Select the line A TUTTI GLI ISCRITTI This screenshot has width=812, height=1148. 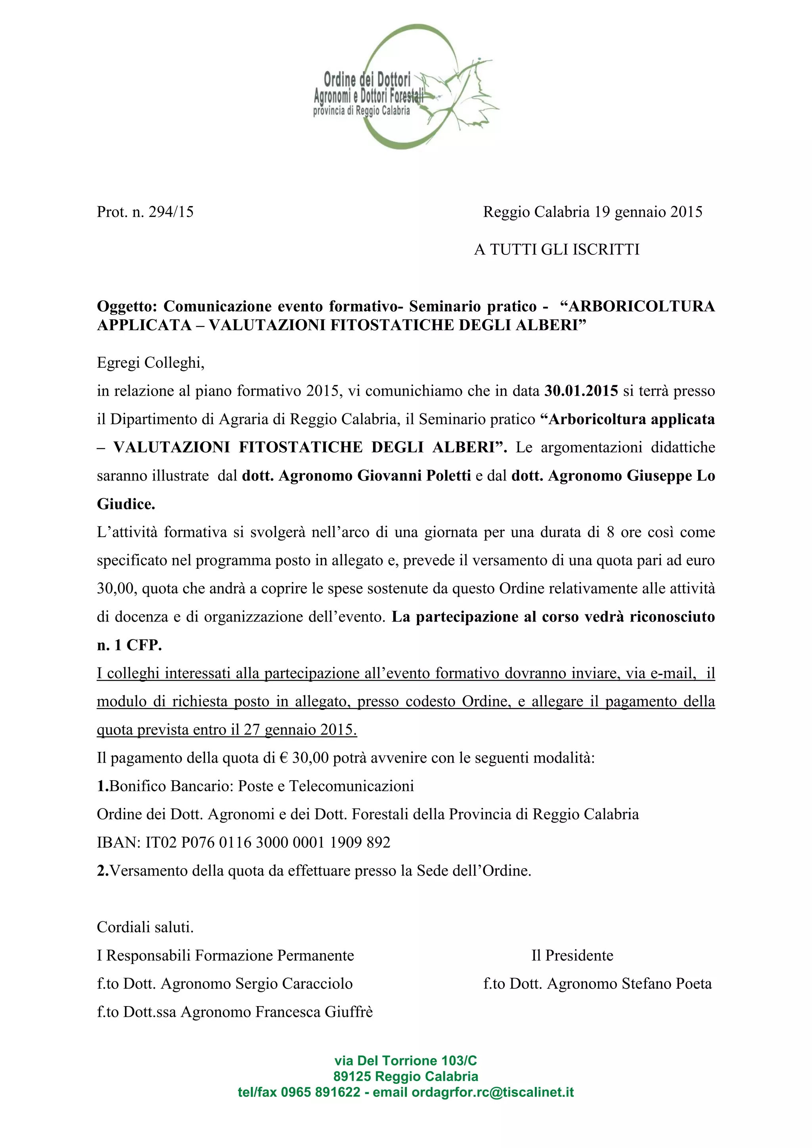[x=557, y=249]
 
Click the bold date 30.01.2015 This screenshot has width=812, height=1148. [x=581, y=390]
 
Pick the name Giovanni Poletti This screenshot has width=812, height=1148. [x=414, y=476]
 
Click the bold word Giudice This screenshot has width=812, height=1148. [x=126, y=504]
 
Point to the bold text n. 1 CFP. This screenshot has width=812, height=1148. [x=130, y=645]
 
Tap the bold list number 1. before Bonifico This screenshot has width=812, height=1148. [x=103, y=786]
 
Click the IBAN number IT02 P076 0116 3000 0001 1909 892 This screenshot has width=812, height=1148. [x=268, y=842]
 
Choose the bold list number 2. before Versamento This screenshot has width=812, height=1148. [x=103, y=871]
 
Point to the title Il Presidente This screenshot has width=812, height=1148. [x=572, y=955]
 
